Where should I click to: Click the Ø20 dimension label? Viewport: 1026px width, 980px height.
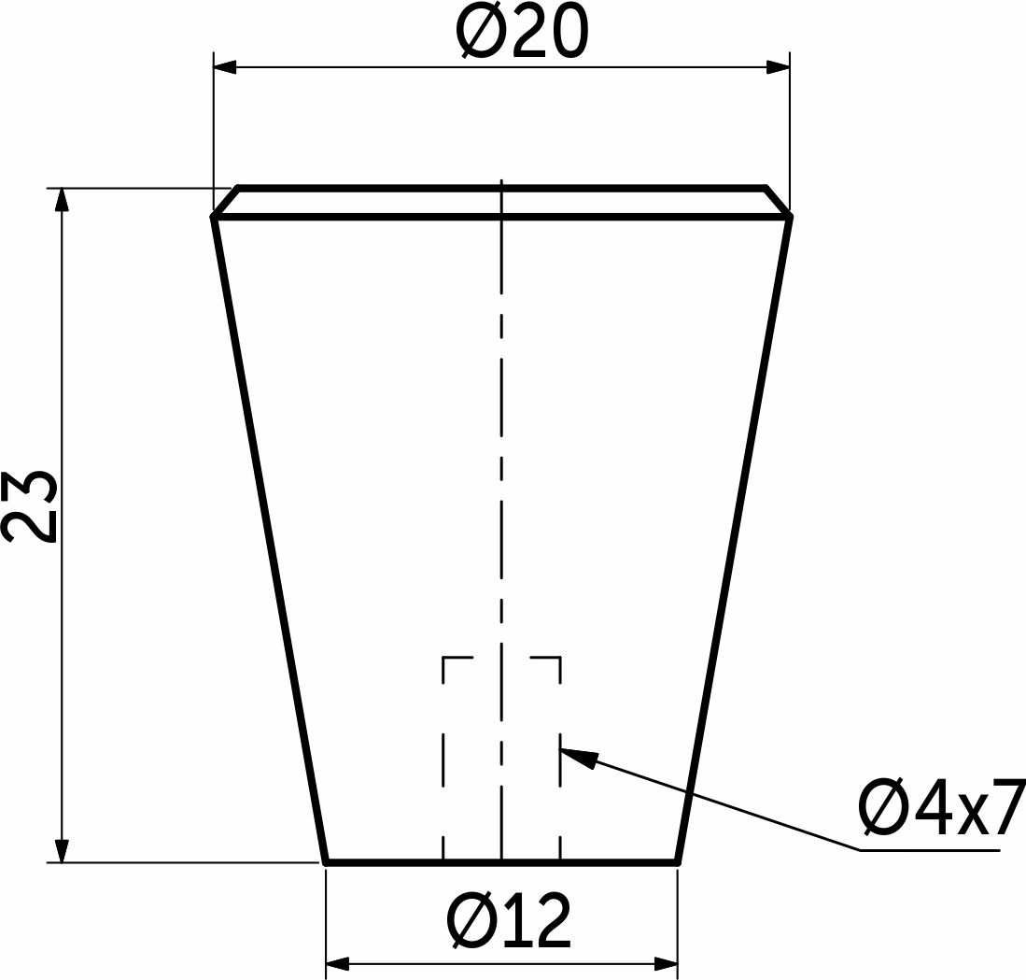pyautogui.click(x=522, y=32)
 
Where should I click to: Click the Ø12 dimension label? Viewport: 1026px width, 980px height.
pyautogui.click(x=509, y=920)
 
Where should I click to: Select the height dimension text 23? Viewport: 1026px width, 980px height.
pyautogui.click(x=30, y=506)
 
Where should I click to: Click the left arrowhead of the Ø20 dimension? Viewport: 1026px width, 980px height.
pyautogui.click(x=224, y=66)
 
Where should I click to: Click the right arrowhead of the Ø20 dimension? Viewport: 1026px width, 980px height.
pyautogui.click(x=778, y=66)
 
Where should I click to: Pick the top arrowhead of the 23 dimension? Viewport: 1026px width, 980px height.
pyautogui.click(x=62, y=200)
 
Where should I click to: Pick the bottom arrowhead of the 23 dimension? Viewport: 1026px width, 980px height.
pyautogui.click(x=62, y=851)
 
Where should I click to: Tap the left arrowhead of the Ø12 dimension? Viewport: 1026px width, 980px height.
pyautogui.click(x=337, y=963)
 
